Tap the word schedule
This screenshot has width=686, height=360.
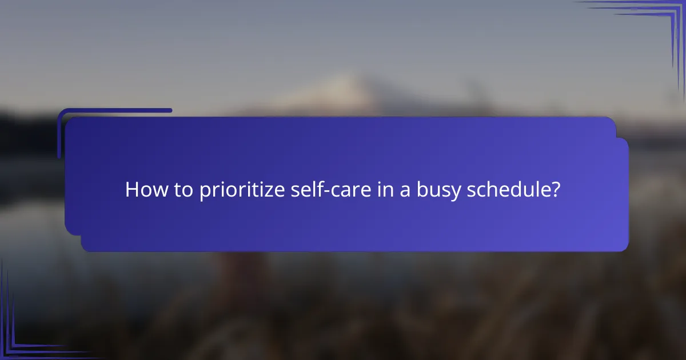[x=508, y=190]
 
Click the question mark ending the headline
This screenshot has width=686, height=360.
[x=555, y=190]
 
